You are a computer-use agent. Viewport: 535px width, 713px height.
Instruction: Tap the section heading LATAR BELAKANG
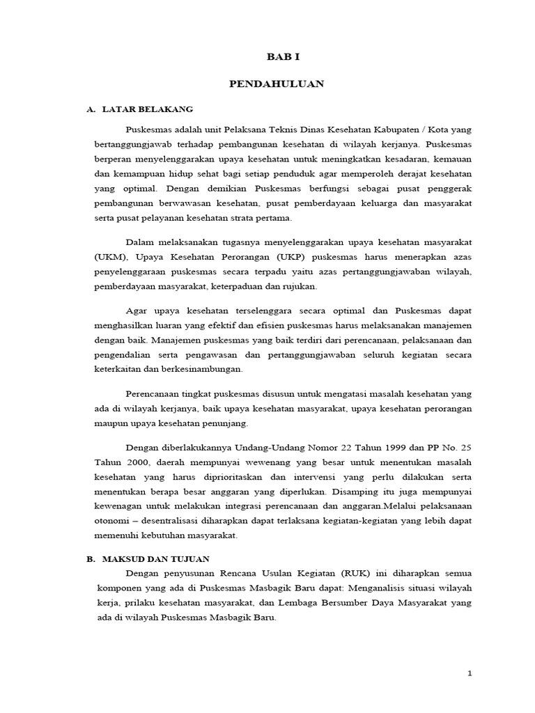(x=147, y=110)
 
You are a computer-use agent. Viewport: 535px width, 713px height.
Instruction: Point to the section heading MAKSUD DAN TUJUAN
(x=156, y=559)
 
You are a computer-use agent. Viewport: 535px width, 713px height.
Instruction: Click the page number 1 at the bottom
(x=470, y=673)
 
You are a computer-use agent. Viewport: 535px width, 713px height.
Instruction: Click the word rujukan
(x=300, y=286)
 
